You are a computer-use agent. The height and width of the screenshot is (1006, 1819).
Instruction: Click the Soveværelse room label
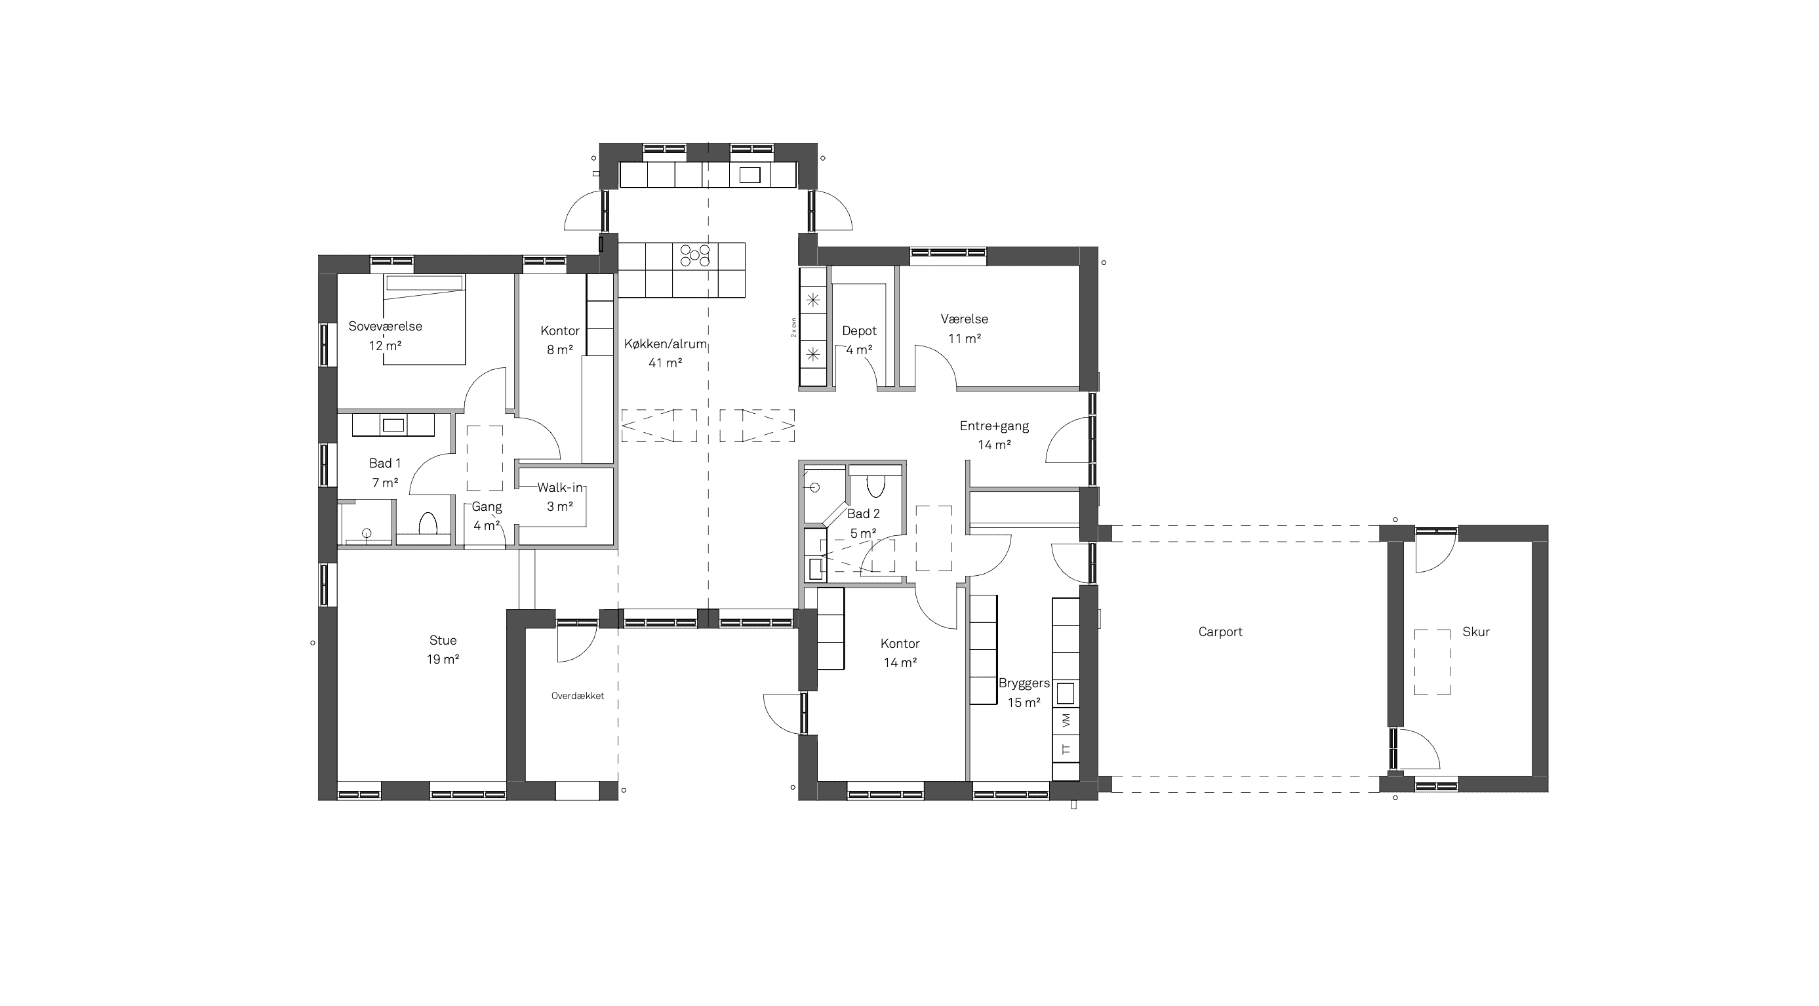coord(385,326)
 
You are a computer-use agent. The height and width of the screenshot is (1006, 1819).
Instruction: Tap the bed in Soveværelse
coord(424,319)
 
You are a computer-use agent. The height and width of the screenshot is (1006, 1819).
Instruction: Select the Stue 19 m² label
coord(443,649)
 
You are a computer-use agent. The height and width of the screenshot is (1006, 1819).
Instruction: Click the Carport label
coord(1220,632)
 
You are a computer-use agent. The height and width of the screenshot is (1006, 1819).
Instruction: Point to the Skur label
coord(1476,632)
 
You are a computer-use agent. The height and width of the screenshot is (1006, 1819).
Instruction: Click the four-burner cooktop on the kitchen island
coord(695,255)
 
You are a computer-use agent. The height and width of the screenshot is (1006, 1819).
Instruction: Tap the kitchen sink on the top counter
coord(750,174)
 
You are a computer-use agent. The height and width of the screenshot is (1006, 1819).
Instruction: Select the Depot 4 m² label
coord(860,340)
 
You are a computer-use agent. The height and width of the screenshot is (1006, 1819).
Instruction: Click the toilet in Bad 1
coord(428,524)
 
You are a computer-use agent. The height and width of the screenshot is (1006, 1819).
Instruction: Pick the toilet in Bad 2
coord(875,486)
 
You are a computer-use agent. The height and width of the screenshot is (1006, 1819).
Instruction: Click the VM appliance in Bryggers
coord(1066,720)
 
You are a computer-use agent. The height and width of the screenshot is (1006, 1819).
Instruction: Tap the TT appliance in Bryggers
coord(1066,749)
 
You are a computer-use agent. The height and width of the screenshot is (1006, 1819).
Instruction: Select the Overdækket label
coord(578,695)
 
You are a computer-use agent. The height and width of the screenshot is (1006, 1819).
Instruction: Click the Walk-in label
coord(560,487)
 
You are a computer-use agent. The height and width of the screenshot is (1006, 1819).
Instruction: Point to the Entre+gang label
coord(994,426)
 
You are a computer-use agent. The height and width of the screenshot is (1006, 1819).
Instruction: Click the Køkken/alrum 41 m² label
coord(665,353)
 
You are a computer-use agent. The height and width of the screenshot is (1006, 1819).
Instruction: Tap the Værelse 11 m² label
coord(965,329)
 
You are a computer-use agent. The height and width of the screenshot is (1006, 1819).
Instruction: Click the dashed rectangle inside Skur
coord(1432,662)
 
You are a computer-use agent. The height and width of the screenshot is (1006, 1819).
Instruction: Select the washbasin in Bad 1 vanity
coord(393,425)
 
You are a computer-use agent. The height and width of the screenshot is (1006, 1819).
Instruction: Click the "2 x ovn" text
coord(793,327)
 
